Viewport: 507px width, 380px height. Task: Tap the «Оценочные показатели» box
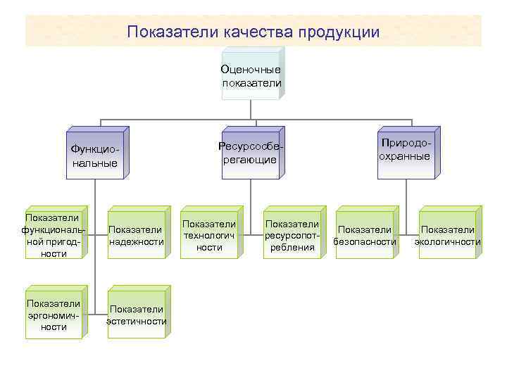point(251,76)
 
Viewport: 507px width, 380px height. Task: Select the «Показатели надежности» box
point(137,236)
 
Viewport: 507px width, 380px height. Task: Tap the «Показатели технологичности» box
point(209,235)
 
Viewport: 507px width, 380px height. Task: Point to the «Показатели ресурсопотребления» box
point(292,235)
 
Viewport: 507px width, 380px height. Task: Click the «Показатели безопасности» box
point(365,236)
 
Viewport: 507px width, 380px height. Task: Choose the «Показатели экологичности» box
point(448,236)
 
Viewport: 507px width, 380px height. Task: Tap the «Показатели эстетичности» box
point(137,315)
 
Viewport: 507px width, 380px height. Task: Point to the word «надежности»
point(137,241)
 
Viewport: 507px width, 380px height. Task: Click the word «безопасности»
point(365,241)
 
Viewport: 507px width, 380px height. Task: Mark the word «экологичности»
point(448,241)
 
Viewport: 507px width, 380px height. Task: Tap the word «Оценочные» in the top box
point(251,70)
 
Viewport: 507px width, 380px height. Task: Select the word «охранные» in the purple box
point(405,156)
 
